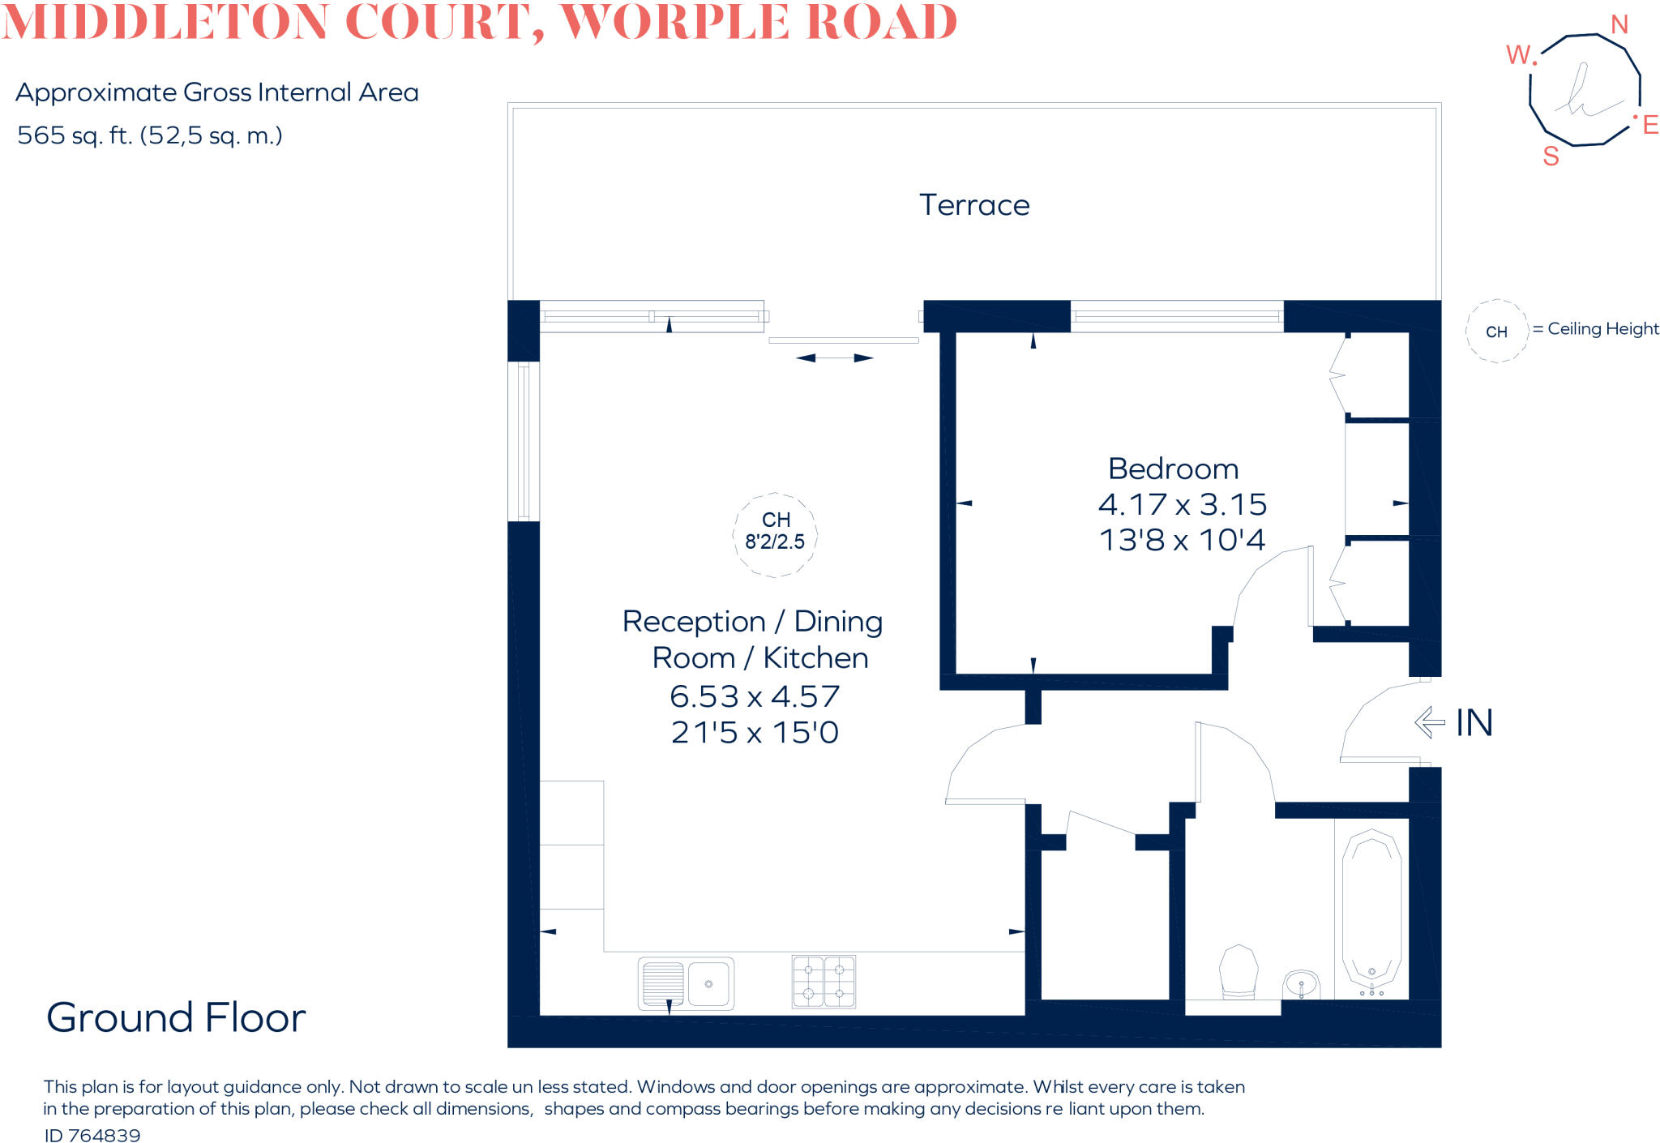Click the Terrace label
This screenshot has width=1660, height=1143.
pos(974,205)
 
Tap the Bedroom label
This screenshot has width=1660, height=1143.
pos(1173,469)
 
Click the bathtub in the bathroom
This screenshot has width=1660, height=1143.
pos(1371,912)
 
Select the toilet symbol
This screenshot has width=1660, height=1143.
pos(1239,971)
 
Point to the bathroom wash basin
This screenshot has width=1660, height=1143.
pos(1301,986)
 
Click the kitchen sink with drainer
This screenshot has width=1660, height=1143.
pos(686,983)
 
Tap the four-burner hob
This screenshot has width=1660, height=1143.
pos(824,981)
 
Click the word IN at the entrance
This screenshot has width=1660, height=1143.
pos(1474,722)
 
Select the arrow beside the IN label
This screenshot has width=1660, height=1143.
pos(1430,721)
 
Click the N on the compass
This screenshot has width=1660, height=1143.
pos(1619,25)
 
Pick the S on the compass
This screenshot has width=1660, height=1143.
pos(1551,156)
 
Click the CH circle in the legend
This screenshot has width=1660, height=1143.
pos(1496,331)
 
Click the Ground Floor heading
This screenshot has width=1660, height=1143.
pos(176,1017)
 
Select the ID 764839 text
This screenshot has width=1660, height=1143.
pos(92,1136)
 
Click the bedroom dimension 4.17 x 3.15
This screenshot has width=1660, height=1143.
pos(1182,504)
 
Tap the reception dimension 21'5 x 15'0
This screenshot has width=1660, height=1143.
pos(755,732)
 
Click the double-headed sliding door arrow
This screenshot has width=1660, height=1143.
pos(834,357)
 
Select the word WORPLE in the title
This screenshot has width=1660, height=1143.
pos(675,22)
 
